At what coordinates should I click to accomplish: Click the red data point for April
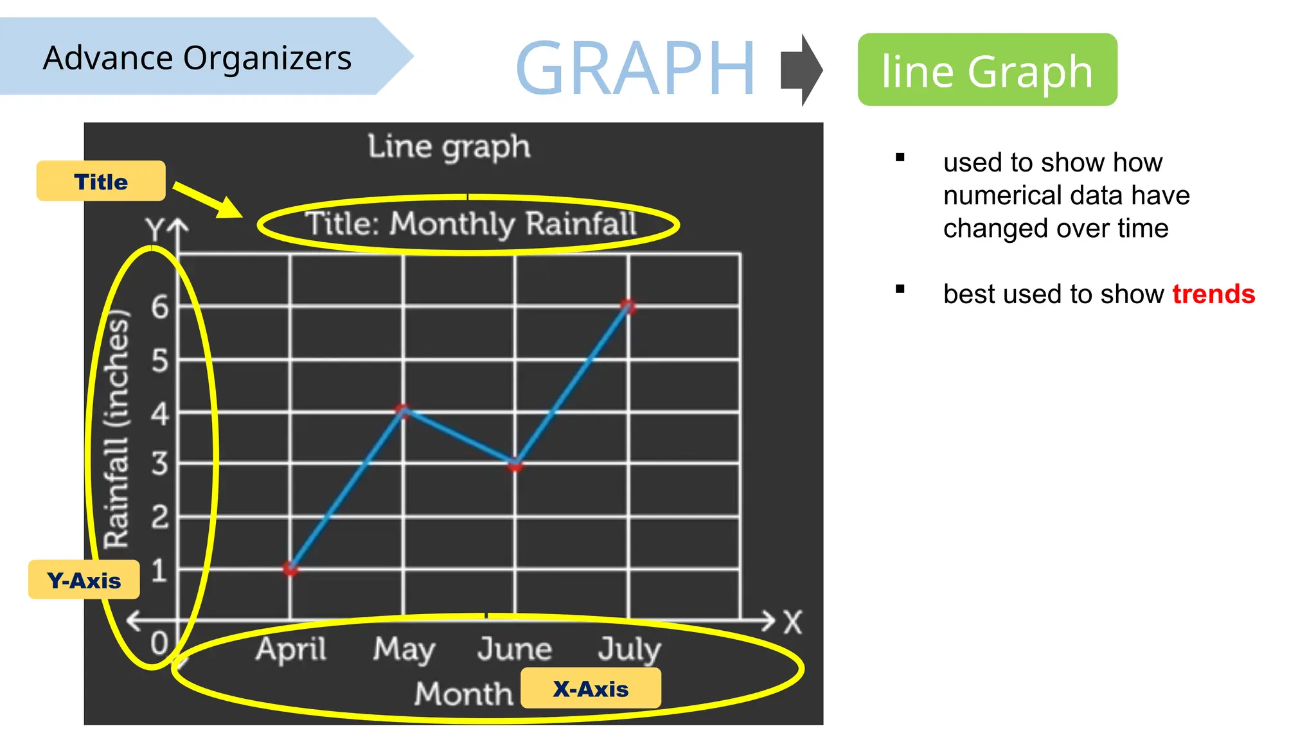point(290,568)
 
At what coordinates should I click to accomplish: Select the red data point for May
point(403,410)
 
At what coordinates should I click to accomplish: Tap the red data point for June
point(515,464)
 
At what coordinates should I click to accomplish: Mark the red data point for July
point(628,306)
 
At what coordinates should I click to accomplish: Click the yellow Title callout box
point(101,181)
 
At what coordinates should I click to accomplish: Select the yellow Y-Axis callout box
point(84,580)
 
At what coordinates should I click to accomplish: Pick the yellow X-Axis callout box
point(591,689)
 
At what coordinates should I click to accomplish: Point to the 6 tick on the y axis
point(160,306)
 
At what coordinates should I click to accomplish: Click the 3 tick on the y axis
point(160,463)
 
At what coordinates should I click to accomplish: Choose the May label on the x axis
point(404,649)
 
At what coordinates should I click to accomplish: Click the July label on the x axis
point(629,649)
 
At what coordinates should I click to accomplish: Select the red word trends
point(1213,294)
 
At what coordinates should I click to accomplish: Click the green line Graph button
point(987,70)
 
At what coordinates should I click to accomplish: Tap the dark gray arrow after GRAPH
point(801,69)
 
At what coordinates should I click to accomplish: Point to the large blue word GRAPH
point(635,68)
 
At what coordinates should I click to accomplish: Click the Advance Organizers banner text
point(197,58)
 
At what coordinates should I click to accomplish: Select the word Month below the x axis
point(463,694)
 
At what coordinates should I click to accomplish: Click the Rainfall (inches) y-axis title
point(117,429)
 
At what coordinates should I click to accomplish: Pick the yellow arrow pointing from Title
point(208,200)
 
